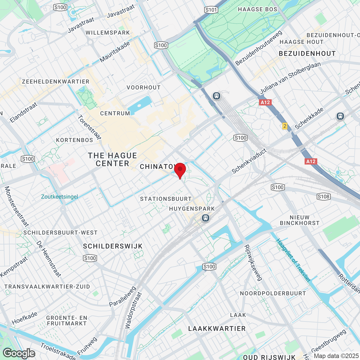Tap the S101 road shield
211,10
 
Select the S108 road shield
323,197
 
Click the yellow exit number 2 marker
285,126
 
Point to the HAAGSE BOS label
257,10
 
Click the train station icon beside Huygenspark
206,218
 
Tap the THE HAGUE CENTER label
112,159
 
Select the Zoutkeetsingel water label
59,197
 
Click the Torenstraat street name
89,127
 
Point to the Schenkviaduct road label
249,161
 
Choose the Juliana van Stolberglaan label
290,78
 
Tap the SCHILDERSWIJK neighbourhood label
113,246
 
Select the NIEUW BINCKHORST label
300,220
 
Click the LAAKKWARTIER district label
217,328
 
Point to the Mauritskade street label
115,52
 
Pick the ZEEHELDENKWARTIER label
56,82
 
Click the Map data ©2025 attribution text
336,356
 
